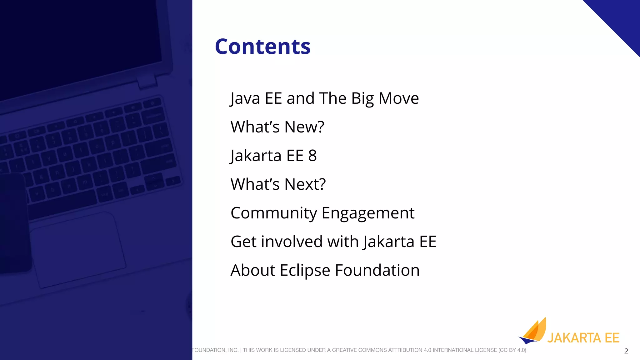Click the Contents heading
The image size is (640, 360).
click(x=262, y=47)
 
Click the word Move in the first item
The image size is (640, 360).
click(x=398, y=98)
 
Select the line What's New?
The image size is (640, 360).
click(x=277, y=127)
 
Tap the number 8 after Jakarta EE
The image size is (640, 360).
click(x=312, y=156)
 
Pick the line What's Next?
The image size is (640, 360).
click(x=278, y=184)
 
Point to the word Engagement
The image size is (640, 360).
click(x=368, y=213)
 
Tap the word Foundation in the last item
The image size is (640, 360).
click(x=377, y=270)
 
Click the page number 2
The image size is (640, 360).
click(x=626, y=351)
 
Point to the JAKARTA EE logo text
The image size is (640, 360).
click(x=583, y=338)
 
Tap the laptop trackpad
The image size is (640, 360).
click(x=78, y=250)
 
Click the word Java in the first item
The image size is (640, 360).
click(x=245, y=98)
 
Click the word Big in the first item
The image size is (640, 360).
click(x=362, y=98)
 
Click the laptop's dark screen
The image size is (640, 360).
click(x=78, y=41)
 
